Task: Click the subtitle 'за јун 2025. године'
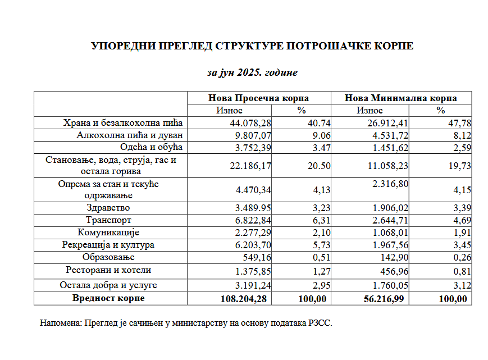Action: tap(252, 72)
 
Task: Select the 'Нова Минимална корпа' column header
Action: tap(400, 98)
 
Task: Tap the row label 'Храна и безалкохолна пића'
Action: tap(123, 122)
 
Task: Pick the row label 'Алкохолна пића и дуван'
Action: tap(130, 135)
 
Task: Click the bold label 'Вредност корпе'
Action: tap(108, 298)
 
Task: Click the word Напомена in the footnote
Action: tap(60, 323)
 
